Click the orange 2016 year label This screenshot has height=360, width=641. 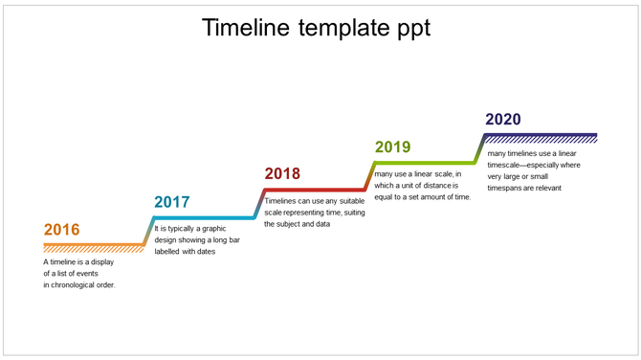point(61,230)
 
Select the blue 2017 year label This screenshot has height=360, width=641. point(172,202)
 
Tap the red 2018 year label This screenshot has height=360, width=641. point(282,173)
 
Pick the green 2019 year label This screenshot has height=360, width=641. point(392,146)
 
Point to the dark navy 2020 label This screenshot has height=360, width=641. point(503,119)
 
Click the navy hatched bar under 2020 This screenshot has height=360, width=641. point(541,138)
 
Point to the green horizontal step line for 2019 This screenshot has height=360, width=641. point(426,162)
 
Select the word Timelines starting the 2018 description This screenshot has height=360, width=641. point(282,201)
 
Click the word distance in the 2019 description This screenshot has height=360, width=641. point(436,185)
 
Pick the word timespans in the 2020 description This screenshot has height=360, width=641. point(508,188)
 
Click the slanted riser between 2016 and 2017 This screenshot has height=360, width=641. point(148,231)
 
